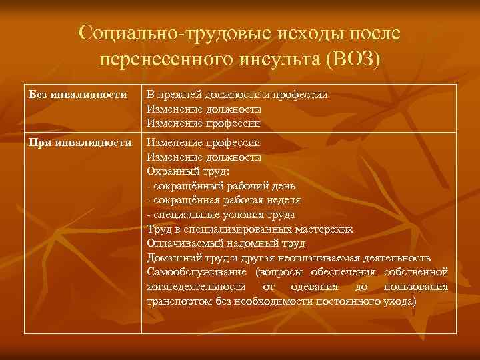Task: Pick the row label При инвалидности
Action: click(81, 143)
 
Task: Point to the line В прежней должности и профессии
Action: click(237, 95)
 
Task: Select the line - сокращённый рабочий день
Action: click(221, 185)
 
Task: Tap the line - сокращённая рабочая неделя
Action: click(223, 200)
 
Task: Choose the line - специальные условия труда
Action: click(221, 214)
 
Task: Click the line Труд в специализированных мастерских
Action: click(249, 229)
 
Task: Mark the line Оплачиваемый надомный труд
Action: click(226, 243)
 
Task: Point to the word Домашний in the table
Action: click(170, 257)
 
